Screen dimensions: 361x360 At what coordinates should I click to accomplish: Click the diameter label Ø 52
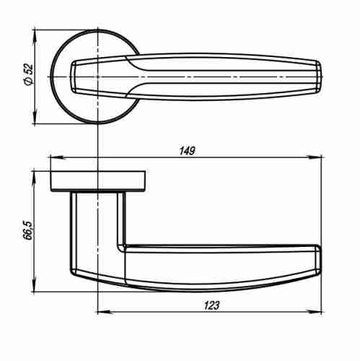coord(28,75)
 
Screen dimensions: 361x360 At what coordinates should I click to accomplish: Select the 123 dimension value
coord(211,306)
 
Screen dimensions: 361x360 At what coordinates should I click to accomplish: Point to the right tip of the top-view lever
coord(320,75)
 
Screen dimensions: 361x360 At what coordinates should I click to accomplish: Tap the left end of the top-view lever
coord(72,76)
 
